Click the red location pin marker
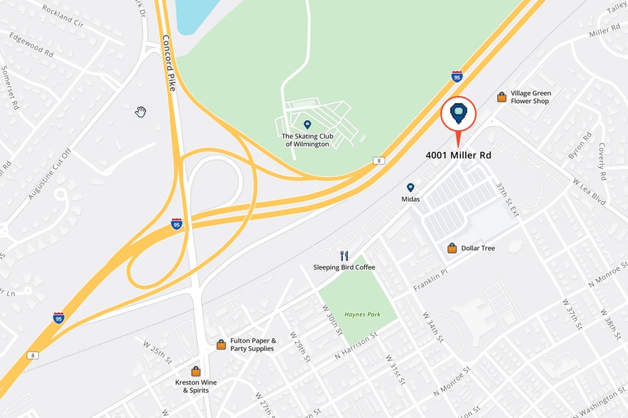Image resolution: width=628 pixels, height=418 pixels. (x=458, y=114)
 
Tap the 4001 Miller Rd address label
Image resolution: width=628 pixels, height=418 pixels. (x=458, y=154)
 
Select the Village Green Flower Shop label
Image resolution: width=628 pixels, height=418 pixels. (x=531, y=97)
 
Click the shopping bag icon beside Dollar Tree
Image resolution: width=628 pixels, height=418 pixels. (x=452, y=248)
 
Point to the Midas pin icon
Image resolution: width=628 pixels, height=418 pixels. (x=410, y=188)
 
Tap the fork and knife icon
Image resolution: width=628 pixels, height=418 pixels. (x=344, y=256)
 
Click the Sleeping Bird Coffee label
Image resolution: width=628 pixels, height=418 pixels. (x=344, y=267)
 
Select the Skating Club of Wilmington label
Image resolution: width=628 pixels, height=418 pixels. (x=307, y=140)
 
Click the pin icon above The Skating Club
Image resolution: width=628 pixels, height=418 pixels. (x=307, y=124)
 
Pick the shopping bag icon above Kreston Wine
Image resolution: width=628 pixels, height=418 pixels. (x=196, y=371)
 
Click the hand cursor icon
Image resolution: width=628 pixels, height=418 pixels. (x=141, y=112)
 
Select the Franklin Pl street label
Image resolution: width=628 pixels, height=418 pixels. (x=430, y=280)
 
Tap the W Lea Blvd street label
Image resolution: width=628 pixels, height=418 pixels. (x=588, y=192)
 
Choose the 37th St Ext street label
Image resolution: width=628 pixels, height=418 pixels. (x=508, y=200)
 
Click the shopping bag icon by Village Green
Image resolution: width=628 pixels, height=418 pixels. (x=502, y=97)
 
